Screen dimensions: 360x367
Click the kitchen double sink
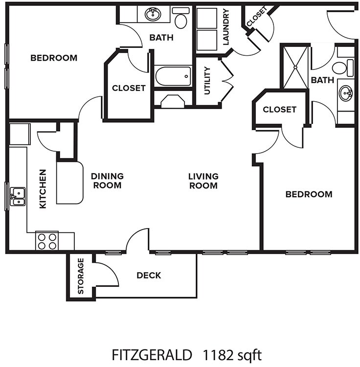click(18, 196)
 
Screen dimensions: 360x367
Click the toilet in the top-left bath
click(181, 19)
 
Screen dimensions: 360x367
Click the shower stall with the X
click(295, 68)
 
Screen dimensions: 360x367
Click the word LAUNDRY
click(225, 27)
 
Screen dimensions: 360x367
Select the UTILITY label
click(207, 80)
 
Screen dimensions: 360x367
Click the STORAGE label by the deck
click(81, 276)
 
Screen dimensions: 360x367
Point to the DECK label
click(149, 275)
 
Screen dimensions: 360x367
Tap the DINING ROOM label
click(107, 181)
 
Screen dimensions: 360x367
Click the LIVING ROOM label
click(203, 181)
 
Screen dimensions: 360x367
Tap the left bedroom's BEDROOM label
click(54, 58)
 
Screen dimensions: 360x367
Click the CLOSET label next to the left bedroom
click(129, 88)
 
